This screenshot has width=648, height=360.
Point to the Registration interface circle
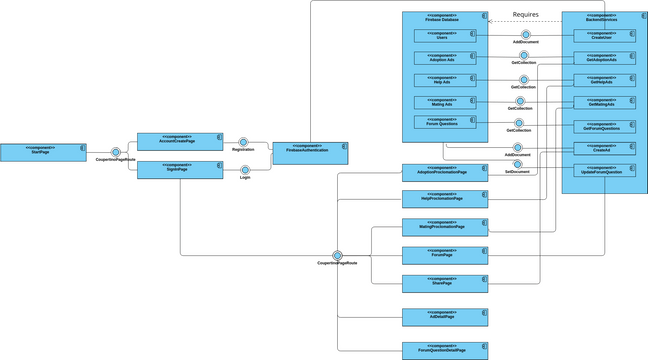click(243, 142)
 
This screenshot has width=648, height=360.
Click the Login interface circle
click(245, 170)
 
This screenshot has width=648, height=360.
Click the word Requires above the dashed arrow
click(526, 15)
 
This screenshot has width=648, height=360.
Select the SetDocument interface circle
click(518, 164)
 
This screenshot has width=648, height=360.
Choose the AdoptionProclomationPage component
click(445, 172)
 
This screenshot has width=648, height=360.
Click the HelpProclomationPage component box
click(445, 199)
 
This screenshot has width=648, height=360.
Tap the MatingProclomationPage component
click(445, 226)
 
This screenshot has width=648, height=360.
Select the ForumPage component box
click(445, 254)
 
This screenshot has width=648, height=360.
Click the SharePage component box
click(445, 283)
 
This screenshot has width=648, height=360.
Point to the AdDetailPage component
click(445, 317)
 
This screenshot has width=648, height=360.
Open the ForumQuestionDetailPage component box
click(445, 349)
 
